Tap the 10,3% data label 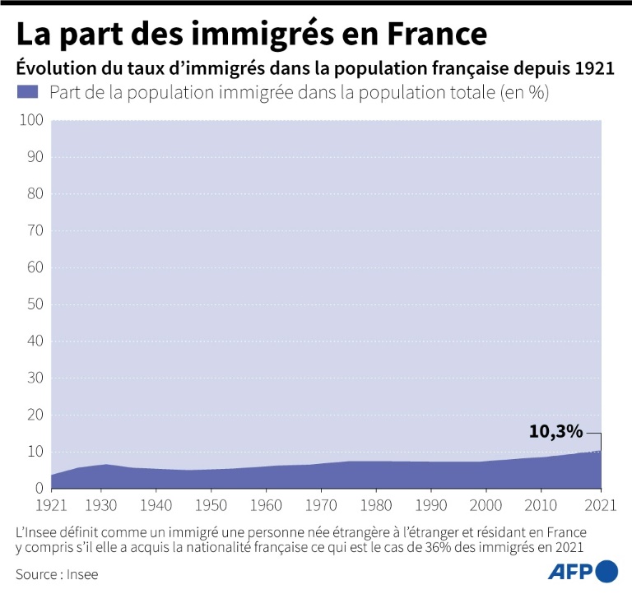[x=555, y=431]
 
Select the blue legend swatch [x=27, y=92]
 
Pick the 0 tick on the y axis [x=38, y=489]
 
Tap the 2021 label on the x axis [x=602, y=504]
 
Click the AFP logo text [x=570, y=571]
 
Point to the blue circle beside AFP [x=606, y=571]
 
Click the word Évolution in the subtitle [x=49, y=67]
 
